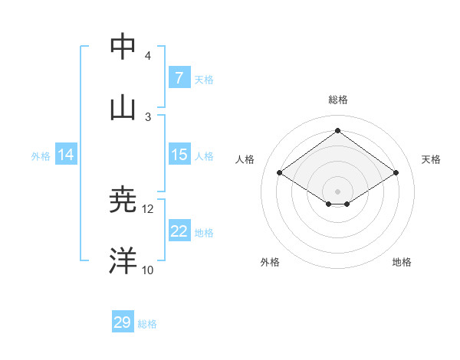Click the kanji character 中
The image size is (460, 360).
123,47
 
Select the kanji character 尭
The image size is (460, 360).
123,200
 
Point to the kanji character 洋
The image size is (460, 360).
123,260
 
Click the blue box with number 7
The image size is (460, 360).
179,77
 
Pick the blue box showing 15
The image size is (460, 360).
179,155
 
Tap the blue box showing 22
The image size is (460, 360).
179,231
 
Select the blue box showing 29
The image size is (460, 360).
122,322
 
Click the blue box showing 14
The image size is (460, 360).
66,155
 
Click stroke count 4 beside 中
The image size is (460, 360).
148,56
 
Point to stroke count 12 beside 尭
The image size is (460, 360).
148,208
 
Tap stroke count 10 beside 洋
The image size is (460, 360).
148,270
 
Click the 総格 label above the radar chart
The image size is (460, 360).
338,100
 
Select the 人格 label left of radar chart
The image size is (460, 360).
245,159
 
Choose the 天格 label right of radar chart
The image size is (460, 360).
432,159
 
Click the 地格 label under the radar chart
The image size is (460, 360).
402,262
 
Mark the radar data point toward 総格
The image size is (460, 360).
338,131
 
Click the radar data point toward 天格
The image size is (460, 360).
396,173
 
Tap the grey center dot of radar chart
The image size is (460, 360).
338,190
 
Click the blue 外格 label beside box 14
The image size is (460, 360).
41,155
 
